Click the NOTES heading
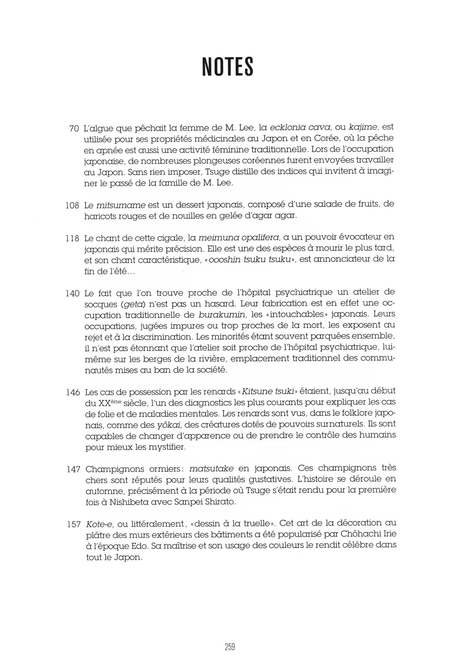pyautogui.click(x=228, y=66)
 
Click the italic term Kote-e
pyautogui.click(x=100, y=524)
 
